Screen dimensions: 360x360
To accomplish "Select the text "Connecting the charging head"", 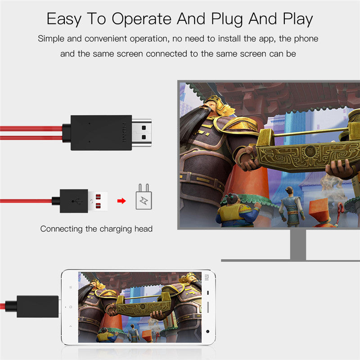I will [x=96, y=229].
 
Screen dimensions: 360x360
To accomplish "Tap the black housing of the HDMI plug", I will [x=101, y=133].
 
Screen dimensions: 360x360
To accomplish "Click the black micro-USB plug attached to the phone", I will [x=38, y=306].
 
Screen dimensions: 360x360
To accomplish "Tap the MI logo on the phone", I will [x=207, y=277].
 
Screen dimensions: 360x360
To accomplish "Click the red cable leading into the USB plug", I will [x=27, y=201].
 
